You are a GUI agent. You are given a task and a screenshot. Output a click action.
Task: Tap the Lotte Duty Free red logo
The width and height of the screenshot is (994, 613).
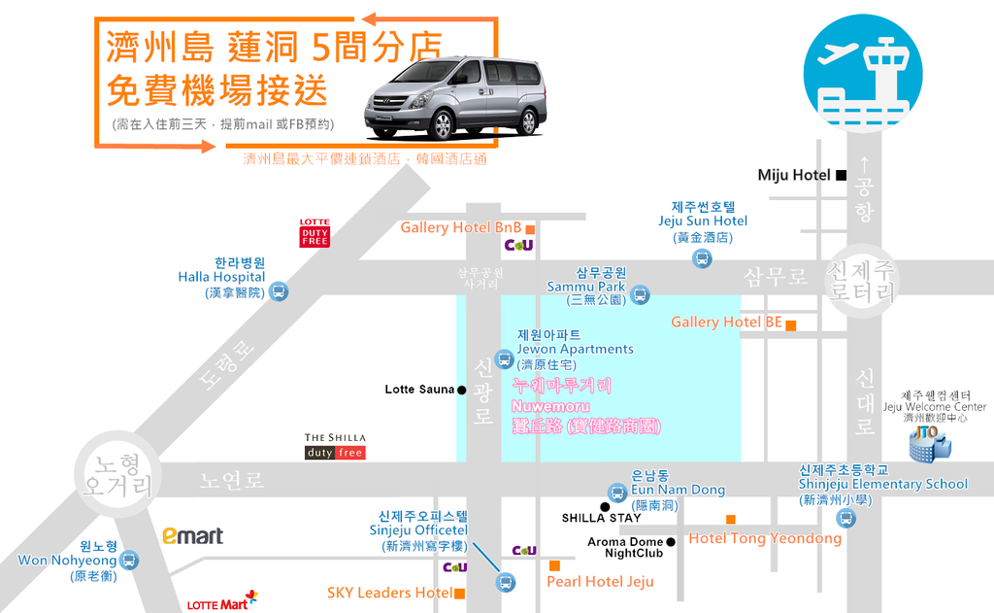click(315, 233)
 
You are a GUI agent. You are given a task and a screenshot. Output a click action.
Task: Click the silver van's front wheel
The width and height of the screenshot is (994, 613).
click(442, 124)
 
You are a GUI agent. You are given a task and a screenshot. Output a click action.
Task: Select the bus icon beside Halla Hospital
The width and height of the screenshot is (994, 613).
click(279, 290)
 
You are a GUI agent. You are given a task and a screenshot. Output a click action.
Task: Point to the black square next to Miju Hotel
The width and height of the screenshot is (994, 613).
click(842, 175)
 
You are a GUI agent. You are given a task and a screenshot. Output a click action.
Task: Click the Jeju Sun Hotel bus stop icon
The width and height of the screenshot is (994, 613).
click(702, 258)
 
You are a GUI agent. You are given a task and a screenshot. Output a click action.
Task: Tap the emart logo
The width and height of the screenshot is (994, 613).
click(192, 535)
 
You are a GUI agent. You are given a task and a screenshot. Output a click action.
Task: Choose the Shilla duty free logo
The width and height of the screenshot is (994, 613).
click(335, 446)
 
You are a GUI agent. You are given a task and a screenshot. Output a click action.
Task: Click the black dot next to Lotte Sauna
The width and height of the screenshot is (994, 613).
click(462, 390)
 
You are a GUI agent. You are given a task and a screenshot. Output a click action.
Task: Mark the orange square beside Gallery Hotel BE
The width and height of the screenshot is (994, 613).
click(791, 325)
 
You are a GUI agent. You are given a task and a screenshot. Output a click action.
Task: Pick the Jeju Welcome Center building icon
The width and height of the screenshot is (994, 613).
click(929, 444)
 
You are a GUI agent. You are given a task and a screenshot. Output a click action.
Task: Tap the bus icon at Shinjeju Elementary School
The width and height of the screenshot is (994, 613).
click(846, 518)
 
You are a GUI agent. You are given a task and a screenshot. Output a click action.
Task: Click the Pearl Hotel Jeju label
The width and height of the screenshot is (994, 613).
click(600, 582)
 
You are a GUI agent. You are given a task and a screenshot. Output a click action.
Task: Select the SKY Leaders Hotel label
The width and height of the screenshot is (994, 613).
click(389, 593)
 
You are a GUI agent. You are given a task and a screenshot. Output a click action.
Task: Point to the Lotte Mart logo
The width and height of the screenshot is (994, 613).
click(222, 603)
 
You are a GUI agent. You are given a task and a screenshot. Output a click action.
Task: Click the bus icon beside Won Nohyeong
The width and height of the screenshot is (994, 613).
click(129, 560)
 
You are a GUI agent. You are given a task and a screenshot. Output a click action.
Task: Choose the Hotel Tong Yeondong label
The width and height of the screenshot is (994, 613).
click(765, 538)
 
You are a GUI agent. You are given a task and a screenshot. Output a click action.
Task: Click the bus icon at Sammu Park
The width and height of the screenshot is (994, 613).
click(640, 294)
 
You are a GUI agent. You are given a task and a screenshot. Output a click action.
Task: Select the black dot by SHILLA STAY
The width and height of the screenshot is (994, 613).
click(605, 506)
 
